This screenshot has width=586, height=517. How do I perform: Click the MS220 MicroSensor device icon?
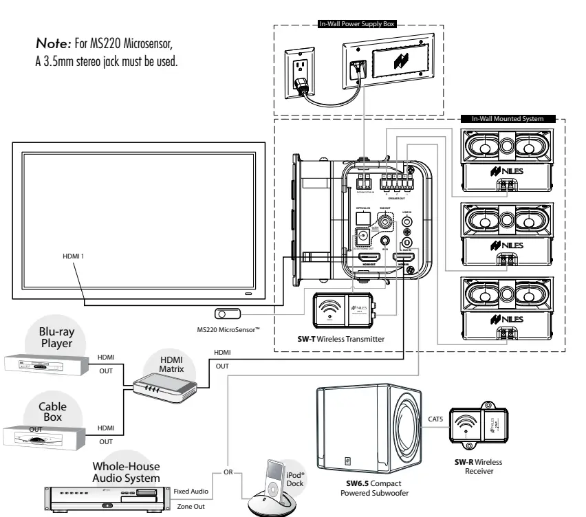(x=226, y=313)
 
